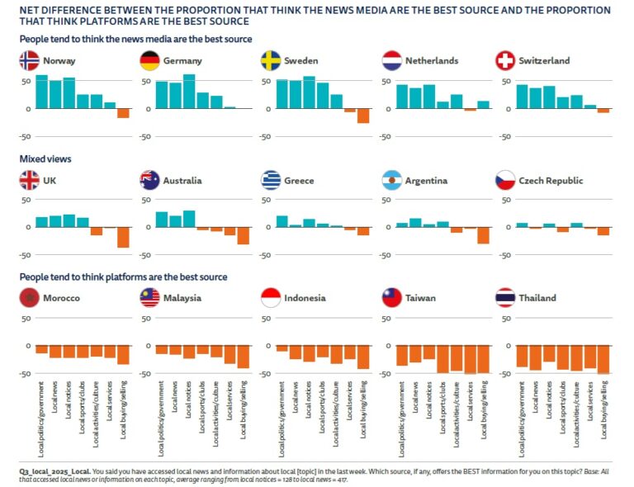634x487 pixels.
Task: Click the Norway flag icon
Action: point(29,60)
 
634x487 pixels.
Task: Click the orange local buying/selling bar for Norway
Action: point(123,113)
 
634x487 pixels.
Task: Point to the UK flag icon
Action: point(29,180)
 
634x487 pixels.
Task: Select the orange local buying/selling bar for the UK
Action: point(123,237)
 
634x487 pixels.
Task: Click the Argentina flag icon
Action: point(393,180)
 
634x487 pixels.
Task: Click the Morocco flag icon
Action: point(29,298)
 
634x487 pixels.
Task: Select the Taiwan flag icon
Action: point(393,298)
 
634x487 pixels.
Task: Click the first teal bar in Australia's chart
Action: point(162,220)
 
